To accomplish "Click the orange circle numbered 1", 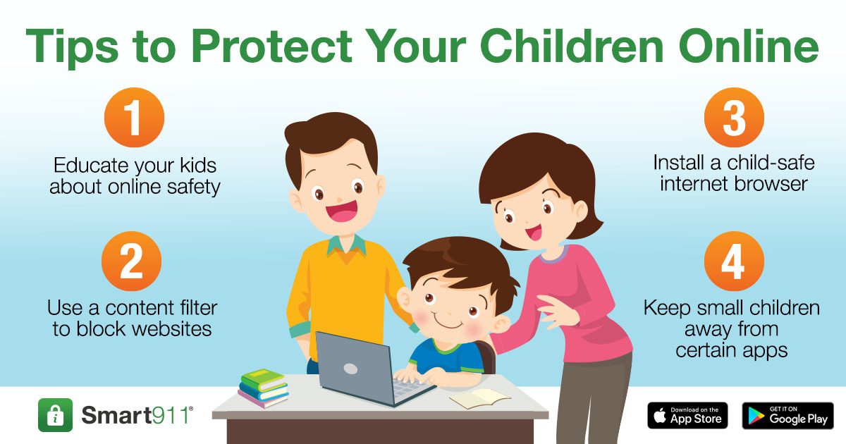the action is [134, 118].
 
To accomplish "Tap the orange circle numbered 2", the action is [131, 261].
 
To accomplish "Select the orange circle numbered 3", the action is [734, 118].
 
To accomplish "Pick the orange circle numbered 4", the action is [734, 261].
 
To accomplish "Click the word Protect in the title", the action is [272, 46].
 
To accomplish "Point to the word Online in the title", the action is [749, 46].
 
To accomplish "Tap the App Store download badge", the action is [688, 415].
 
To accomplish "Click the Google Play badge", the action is [788, 415].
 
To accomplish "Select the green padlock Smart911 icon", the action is [55, 415].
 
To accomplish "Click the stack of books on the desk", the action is [263, 388].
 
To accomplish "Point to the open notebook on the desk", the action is [479, 399].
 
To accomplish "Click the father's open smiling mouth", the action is [342, 211].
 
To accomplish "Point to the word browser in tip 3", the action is [771, 184].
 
